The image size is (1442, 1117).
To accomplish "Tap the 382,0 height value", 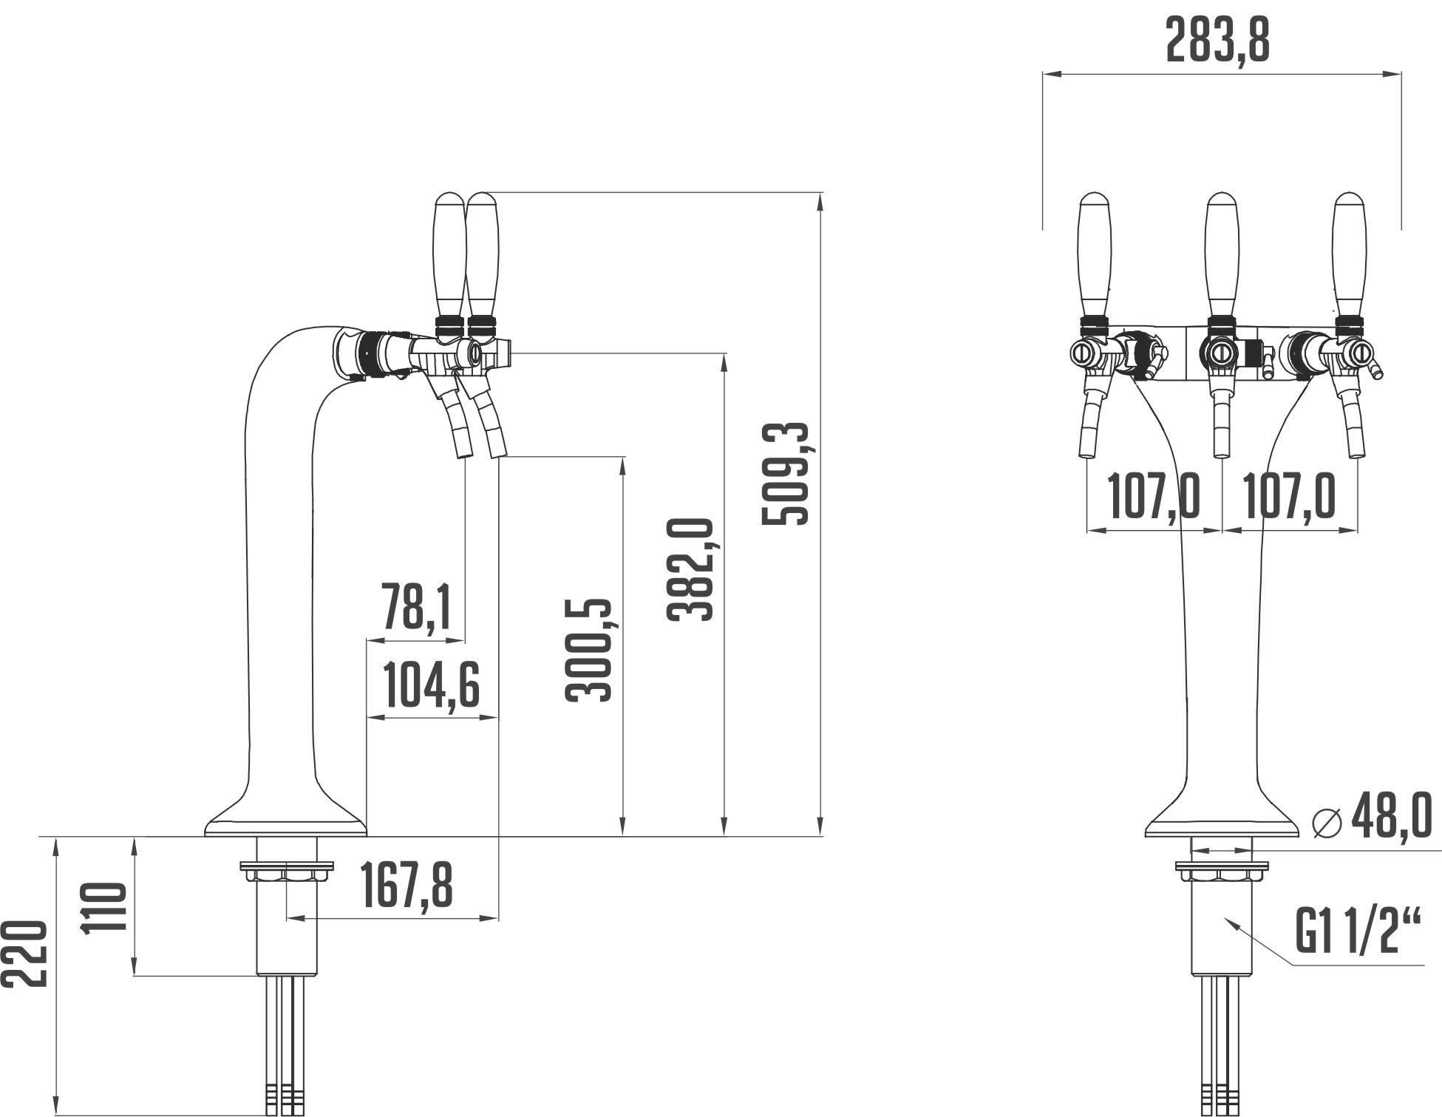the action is point(691,569).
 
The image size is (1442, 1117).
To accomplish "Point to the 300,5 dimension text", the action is point(589,650).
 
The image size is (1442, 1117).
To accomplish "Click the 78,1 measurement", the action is point(416,606).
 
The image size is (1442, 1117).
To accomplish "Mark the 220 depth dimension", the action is point(24,953).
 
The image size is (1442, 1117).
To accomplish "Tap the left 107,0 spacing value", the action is point(1154,497).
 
